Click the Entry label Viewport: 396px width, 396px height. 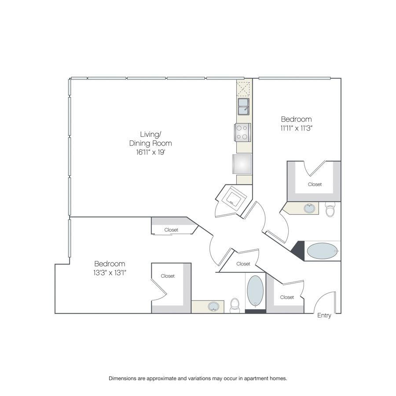[324, 315]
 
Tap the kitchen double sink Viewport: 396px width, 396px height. [243, 106]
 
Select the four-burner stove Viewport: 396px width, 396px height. [242, 132]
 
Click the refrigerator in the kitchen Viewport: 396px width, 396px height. [242, 164]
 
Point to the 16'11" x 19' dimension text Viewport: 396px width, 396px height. [150, 152]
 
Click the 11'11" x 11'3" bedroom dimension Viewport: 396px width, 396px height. [297, 128]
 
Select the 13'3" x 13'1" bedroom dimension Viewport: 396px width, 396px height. [110, 273]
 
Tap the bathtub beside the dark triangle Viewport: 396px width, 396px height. [323, 251]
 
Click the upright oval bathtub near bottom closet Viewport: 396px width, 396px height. [255, 291]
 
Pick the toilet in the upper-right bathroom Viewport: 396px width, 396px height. [330, 209]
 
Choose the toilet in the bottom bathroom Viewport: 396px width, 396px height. [235, 305]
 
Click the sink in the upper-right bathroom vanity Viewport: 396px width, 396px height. [309, 209]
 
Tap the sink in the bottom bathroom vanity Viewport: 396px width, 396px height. [214, 307]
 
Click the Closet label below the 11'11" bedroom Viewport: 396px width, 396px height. [315, 184]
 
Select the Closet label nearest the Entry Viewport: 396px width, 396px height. [287, 297]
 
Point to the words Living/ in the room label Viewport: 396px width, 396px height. [150, 134]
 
